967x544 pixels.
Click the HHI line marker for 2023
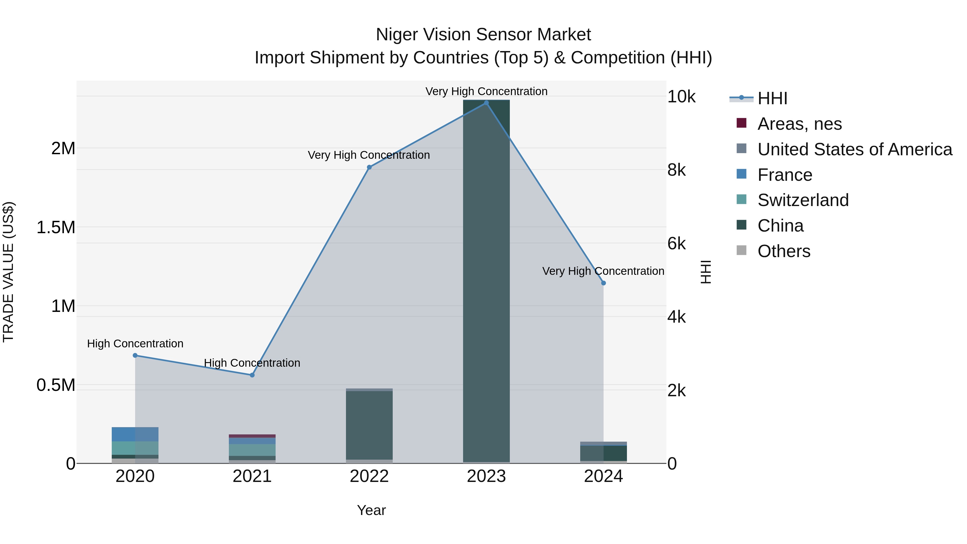click(x=486, y=103)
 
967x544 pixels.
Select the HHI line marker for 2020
click(x=135, y=355)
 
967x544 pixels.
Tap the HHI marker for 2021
click(x=252, y=375)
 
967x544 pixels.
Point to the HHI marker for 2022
click(x=369, y=167)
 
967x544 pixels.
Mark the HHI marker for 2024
click(x=603, y=283)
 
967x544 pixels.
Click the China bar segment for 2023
click(x=486, y=282)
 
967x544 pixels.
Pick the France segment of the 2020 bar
click(x=135, y=434)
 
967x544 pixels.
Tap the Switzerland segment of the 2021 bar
click(x=252, y=450)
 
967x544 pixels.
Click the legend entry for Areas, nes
click(x=800, y=124)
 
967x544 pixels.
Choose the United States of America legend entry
click(x=855, y=149)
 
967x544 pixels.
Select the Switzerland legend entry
click(x=803, y=200)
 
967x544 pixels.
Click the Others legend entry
click(x=784, y=251)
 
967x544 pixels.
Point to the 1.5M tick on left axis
click(x=56, y=228)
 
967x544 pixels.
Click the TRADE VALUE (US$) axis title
click(x=8, y=272)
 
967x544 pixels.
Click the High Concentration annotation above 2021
click(x=252, y=363)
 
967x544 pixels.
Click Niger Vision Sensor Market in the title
click(x=483, y=35)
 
